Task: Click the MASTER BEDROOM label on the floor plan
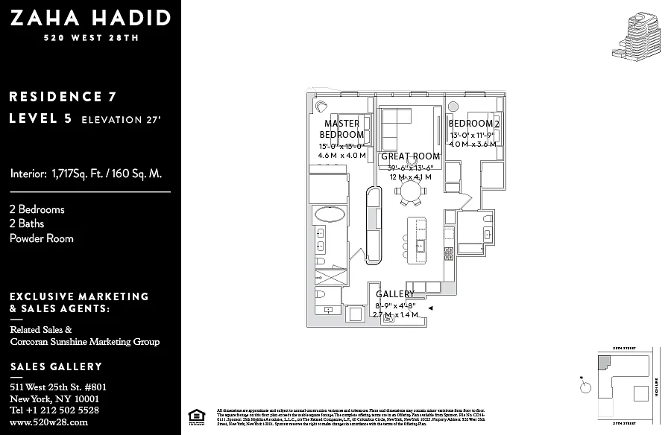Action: (x=341, y=129)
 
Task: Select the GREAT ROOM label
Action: (x=410, y=156)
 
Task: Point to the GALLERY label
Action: (x=395, y=294)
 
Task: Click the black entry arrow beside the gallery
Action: (x=430, y=306)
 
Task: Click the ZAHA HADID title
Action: (x=90, y=18)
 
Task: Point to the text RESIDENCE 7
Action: (x=63, y=96)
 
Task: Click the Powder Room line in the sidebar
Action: (x=42, y=238)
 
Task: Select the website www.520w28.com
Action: (x=49, y=422)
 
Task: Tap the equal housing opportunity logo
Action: (x=196, y=416)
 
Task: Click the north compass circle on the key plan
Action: (x=586, y=387)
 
